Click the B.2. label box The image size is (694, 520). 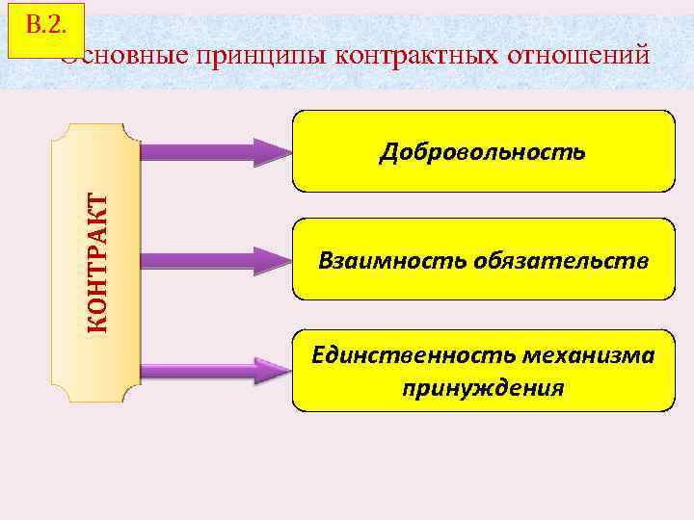click(45, 29)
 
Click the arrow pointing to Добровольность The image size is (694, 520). click(217, 152)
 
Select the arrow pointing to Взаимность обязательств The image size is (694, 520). click(217, 260)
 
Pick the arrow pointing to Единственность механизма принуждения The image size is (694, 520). click(217, 370)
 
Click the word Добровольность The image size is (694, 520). click(482, 151)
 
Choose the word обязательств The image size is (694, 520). click(560, 261)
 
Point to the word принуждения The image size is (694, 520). click(483, 388)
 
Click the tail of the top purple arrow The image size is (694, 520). click(147, 152)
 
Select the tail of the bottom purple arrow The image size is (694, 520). click(147, 370)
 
